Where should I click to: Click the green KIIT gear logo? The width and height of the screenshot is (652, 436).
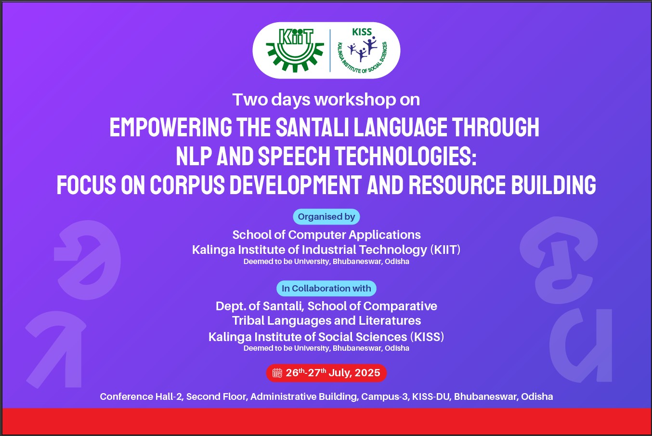tap(295, 50)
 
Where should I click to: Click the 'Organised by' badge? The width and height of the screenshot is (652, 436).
tap(326, 217)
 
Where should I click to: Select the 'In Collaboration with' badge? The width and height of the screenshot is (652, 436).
tap(326, 288)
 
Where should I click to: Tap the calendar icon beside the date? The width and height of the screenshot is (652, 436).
tap(277, 373)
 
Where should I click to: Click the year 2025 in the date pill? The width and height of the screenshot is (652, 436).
tap(367, 373)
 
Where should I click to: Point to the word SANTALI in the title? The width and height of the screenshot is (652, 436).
tap(313, 127)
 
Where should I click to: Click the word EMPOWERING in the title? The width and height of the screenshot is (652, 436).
tap(170, 127)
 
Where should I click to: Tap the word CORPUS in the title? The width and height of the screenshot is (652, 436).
tap(187, 185)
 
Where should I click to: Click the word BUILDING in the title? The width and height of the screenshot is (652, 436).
tap(554, 185)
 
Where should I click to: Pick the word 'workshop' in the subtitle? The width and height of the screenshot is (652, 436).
tap(355, 100)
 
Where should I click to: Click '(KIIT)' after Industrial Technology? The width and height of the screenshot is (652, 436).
tap(445, 250)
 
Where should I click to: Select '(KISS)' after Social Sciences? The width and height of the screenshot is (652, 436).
tap(427, 337)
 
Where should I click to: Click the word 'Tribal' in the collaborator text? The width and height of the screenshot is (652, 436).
tap(248, 321)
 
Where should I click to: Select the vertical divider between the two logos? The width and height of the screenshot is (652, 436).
tap(330, 51)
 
